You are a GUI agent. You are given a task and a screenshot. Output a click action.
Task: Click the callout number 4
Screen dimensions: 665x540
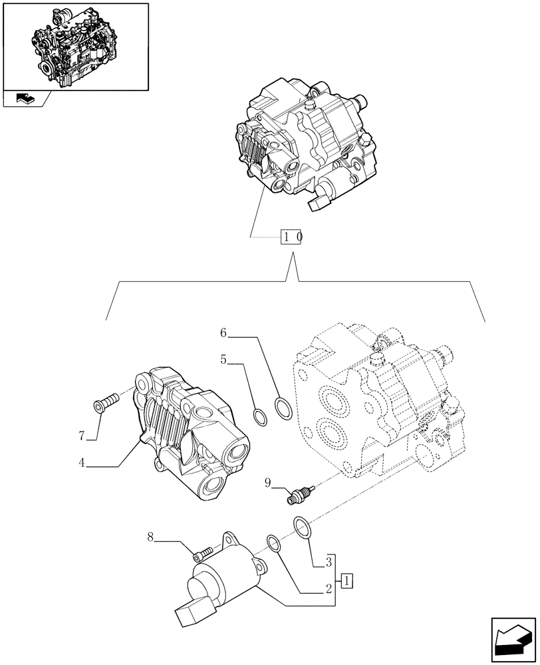(81, 463)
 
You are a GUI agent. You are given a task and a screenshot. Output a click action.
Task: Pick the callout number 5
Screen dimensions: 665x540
(224, 360)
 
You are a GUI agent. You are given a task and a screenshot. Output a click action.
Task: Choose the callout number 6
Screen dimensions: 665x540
(224, 332)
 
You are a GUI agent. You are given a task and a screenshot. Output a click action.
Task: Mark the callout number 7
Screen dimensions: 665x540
(81, 436)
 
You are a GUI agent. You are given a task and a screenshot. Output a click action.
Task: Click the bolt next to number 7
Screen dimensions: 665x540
(107, 401)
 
